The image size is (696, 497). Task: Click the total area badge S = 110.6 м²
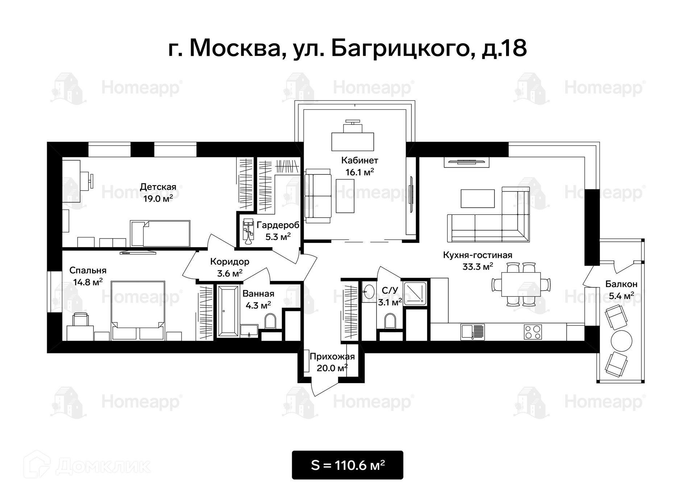click(347, 465)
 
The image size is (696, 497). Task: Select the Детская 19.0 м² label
click(158, 192)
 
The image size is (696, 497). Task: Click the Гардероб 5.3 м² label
click(278, 231)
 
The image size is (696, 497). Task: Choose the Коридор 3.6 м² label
click(230, 268)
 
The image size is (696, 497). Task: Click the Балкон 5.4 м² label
click(621, 290)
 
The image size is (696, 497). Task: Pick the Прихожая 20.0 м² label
click(332, 362)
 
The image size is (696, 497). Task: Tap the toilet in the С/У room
click(390, 321)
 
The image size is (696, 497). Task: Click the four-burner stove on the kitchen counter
click(533, 332)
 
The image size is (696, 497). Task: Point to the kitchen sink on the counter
click(473, 332)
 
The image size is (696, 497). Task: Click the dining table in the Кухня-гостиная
click(521, 285)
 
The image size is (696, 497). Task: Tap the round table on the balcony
click(622, 341)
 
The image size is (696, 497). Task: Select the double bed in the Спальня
click(138, 310)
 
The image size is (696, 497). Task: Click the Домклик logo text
click(103, 467)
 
